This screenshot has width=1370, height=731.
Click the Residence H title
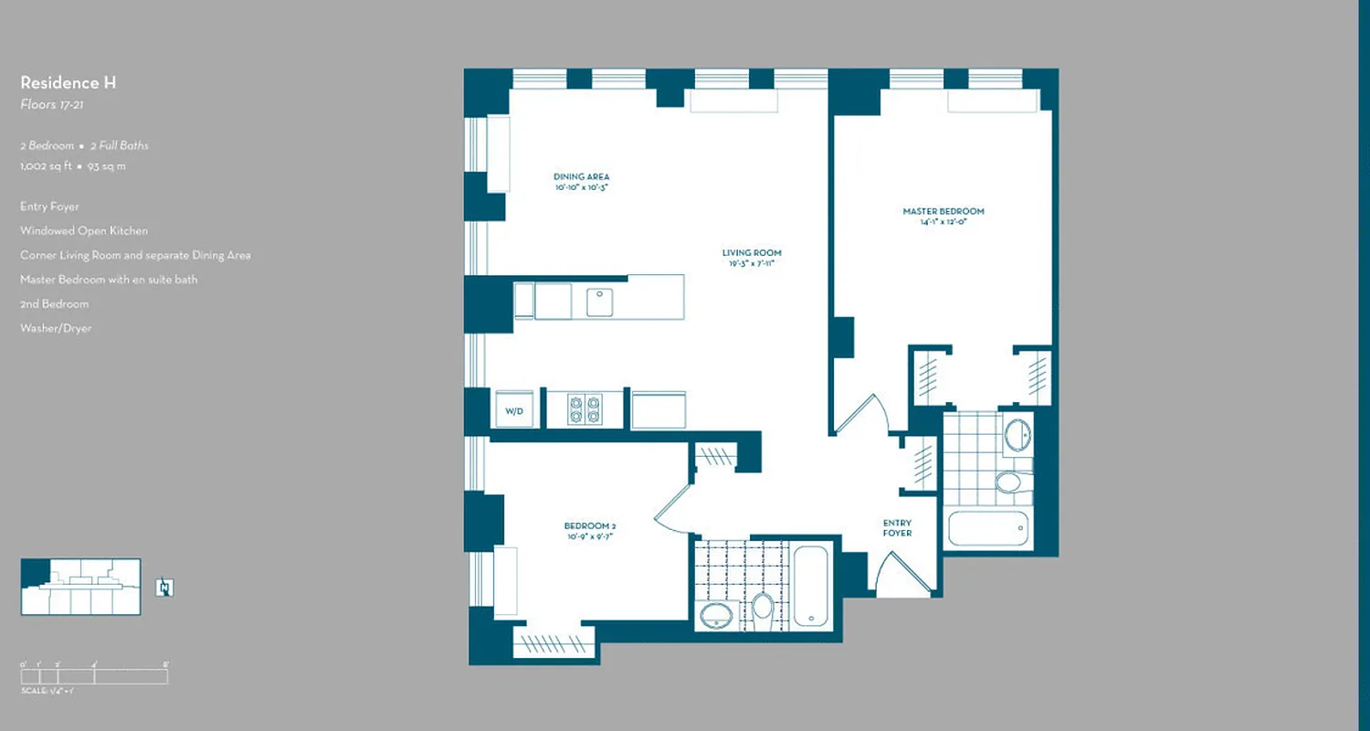point(68,83)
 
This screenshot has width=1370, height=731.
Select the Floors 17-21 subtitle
point(53,105)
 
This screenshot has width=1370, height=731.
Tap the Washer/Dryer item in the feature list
point(56,328)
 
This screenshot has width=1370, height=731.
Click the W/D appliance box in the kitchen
point(514,410)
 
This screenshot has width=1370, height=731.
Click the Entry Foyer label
point(897,528)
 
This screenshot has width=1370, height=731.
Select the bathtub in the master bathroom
point(988,529)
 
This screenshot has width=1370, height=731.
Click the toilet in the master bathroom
point(1009,482)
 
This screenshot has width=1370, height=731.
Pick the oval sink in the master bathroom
point(1017,433)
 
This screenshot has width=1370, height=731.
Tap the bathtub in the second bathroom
point(810,586)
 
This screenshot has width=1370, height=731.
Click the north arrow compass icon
point(164,588)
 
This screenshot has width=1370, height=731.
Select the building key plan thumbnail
point(80,587)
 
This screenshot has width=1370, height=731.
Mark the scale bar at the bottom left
point(94,676)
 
